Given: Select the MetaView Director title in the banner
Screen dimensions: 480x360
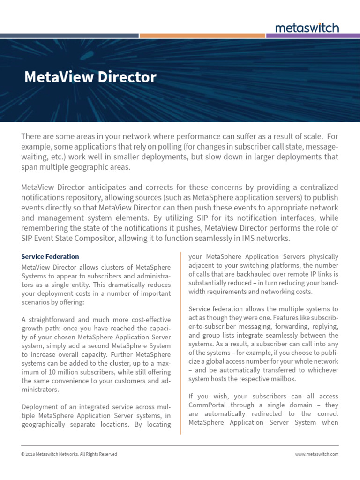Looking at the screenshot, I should (90, 77).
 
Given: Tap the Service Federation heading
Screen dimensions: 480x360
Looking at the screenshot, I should (50, 256).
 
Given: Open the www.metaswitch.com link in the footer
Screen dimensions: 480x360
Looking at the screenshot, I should (316, 454).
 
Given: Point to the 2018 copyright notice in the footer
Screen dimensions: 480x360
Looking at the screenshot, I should (69, 454).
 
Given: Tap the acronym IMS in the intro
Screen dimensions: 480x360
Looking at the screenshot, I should (253, 238).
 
